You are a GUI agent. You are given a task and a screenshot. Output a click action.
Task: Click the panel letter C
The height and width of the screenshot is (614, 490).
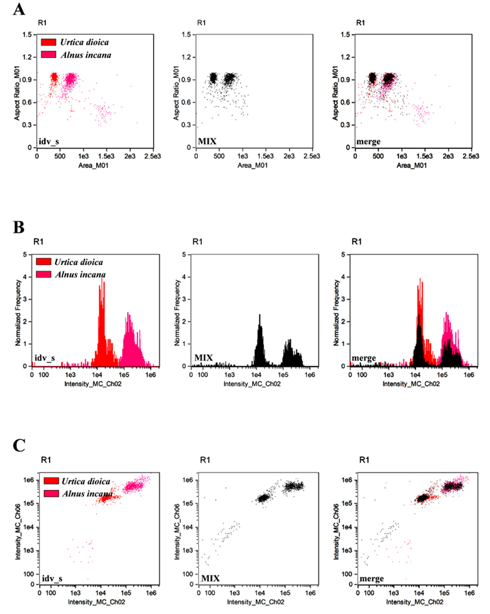point(19,446)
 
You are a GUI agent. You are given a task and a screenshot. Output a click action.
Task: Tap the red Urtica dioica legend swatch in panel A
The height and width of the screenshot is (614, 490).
point(48,42)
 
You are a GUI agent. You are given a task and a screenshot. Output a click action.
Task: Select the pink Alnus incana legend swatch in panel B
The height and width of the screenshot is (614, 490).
point(44,274)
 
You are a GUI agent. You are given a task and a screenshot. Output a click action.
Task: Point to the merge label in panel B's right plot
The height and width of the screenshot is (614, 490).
point(364,358)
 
